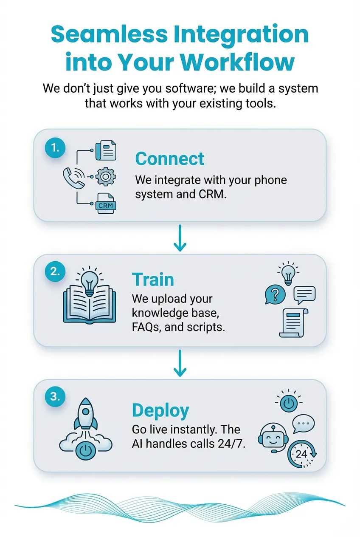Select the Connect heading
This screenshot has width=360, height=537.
(x=170, y=159)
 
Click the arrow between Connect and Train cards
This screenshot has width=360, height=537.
(x=180, y=238)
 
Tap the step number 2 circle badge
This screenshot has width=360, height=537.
(x=55, y=272)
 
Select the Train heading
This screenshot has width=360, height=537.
(x=153, y=280)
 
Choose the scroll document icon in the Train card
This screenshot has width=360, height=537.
(x=293, y=323)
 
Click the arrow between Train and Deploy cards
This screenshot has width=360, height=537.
(x=180, y=364)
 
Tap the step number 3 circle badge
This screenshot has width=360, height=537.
(x=55, y=396)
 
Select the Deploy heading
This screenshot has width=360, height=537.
(x=160, y=410)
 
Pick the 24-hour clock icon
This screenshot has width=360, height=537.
(x=301, y=453)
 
